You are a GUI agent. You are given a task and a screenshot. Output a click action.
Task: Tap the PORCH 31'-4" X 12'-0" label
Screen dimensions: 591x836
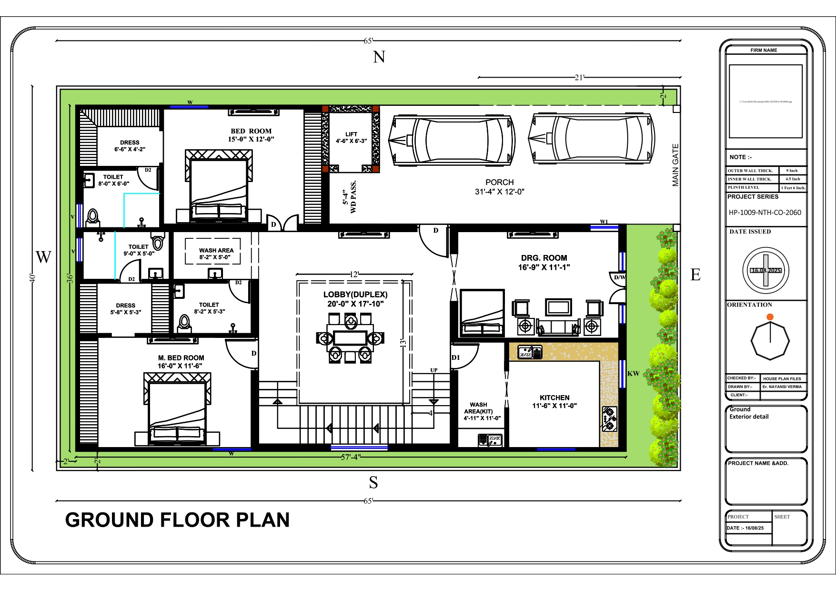pyautogui.click(x=499, y=187)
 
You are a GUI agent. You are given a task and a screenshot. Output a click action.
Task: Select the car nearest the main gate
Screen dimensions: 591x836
pyautogui.click(x=590, y=139)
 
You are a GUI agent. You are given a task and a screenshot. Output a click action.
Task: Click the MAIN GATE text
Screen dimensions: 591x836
pyautogui.click(x=675, y=165)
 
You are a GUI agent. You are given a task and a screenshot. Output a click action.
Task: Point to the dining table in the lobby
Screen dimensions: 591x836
pyautogui.click(x=350, y=337)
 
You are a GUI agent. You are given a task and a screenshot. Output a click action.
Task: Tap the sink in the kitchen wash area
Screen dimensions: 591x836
pyautogui.click(x=490, y=439)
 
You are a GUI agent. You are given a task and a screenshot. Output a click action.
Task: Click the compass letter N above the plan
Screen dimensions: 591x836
pyautogui.click(x=379, y=57)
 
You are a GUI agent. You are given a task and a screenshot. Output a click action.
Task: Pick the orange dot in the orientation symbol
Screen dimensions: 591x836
pyautogui.click(x=770, y=317)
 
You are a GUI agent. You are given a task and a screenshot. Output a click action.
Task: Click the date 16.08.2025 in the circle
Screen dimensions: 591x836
pyautogui.click(x=766, y=270)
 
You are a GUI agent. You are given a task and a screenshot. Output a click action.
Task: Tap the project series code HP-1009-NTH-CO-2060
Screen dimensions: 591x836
pyautogui.click(x=765, y=213)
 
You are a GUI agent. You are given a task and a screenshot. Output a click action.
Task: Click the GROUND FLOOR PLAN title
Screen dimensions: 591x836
pyautogui.click(x=177, y=520)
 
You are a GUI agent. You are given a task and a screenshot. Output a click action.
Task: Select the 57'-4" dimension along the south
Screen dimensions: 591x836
pyautogui.click(x=351, y=457)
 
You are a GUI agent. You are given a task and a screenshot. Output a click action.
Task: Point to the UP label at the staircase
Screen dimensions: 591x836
pyautogui.click(x=433, y=370)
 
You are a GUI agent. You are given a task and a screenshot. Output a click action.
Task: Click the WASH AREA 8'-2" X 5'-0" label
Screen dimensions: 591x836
pyautogui.click(x=216, y=254)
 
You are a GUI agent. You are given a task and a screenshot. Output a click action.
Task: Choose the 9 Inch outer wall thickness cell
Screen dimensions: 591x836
pyautogui.click(x=792, y=171)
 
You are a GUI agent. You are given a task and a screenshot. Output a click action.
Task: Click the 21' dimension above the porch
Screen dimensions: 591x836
pyautogui.click(x=579, y=77)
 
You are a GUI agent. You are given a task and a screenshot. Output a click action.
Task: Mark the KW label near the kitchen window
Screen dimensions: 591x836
pyautogui.click(x=633, y=374)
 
